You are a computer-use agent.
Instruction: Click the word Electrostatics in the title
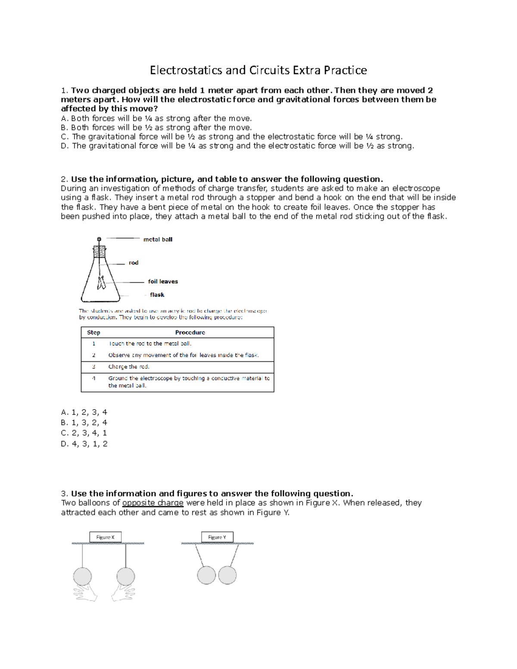pos(186,70)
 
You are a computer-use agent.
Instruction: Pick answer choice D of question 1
pos(237,146)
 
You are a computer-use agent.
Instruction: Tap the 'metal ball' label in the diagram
pos(158,240)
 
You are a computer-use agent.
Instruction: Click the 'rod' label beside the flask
pos(134,263)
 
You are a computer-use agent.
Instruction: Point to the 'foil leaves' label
pos(163,282)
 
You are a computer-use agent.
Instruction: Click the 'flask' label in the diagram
pos(157,295)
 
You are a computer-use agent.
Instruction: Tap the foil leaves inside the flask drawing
pos(102,283)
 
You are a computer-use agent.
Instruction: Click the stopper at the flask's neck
pos(100,252)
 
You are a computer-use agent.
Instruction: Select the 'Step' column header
pos(93,333)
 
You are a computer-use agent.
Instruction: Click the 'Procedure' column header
pos(190,333)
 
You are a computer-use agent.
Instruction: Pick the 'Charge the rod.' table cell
pos(129,367)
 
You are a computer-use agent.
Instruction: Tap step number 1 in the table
pos(93,344)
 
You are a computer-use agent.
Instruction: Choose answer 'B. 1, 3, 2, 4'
pos(84,423)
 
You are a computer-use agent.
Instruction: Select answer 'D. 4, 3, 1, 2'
pos(84,444)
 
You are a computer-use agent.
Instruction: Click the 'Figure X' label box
pos(106,537)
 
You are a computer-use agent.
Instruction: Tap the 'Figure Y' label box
pos(217,537)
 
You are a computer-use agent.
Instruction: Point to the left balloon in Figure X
pos(82,576)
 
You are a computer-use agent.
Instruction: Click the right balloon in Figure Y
pos(227,575)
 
